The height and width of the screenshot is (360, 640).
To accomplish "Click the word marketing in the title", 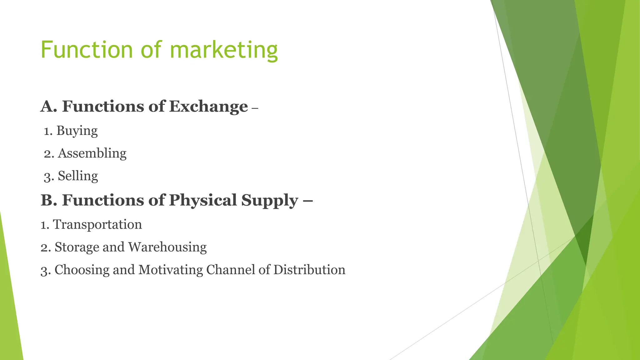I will pyautogui.click(x=224, y=50).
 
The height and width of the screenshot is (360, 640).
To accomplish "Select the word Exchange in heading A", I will pyautogui.click(x=208, y=107).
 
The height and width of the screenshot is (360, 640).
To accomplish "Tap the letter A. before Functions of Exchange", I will pyautogui.click(x=49, y=107).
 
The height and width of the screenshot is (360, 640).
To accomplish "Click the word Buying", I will pyautogui.click(x=77, y=131).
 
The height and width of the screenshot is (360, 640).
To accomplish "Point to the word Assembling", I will pyautogui.click(x=92, y=153).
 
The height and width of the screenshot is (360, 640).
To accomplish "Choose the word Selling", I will pyautogui.click(x=78, y=176).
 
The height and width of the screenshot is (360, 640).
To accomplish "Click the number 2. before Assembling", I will pyautogui.click(x=49, y=154).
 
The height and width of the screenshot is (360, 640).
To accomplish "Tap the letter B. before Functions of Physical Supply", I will pyautogui.click(x=49, y=200).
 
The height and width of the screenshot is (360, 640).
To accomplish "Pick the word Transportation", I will pyautogui.click(x=97, y=224).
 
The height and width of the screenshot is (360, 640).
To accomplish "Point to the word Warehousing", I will pyautogui.click(x=167, y=247).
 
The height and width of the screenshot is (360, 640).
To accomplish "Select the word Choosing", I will pyautogui.click(x=82, y=270).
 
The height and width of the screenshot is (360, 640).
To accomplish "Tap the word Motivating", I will pyautogui.click(x=171, y=270).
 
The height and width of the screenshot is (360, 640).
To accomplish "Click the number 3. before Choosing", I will pyautogui.click(x=45, y=270).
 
